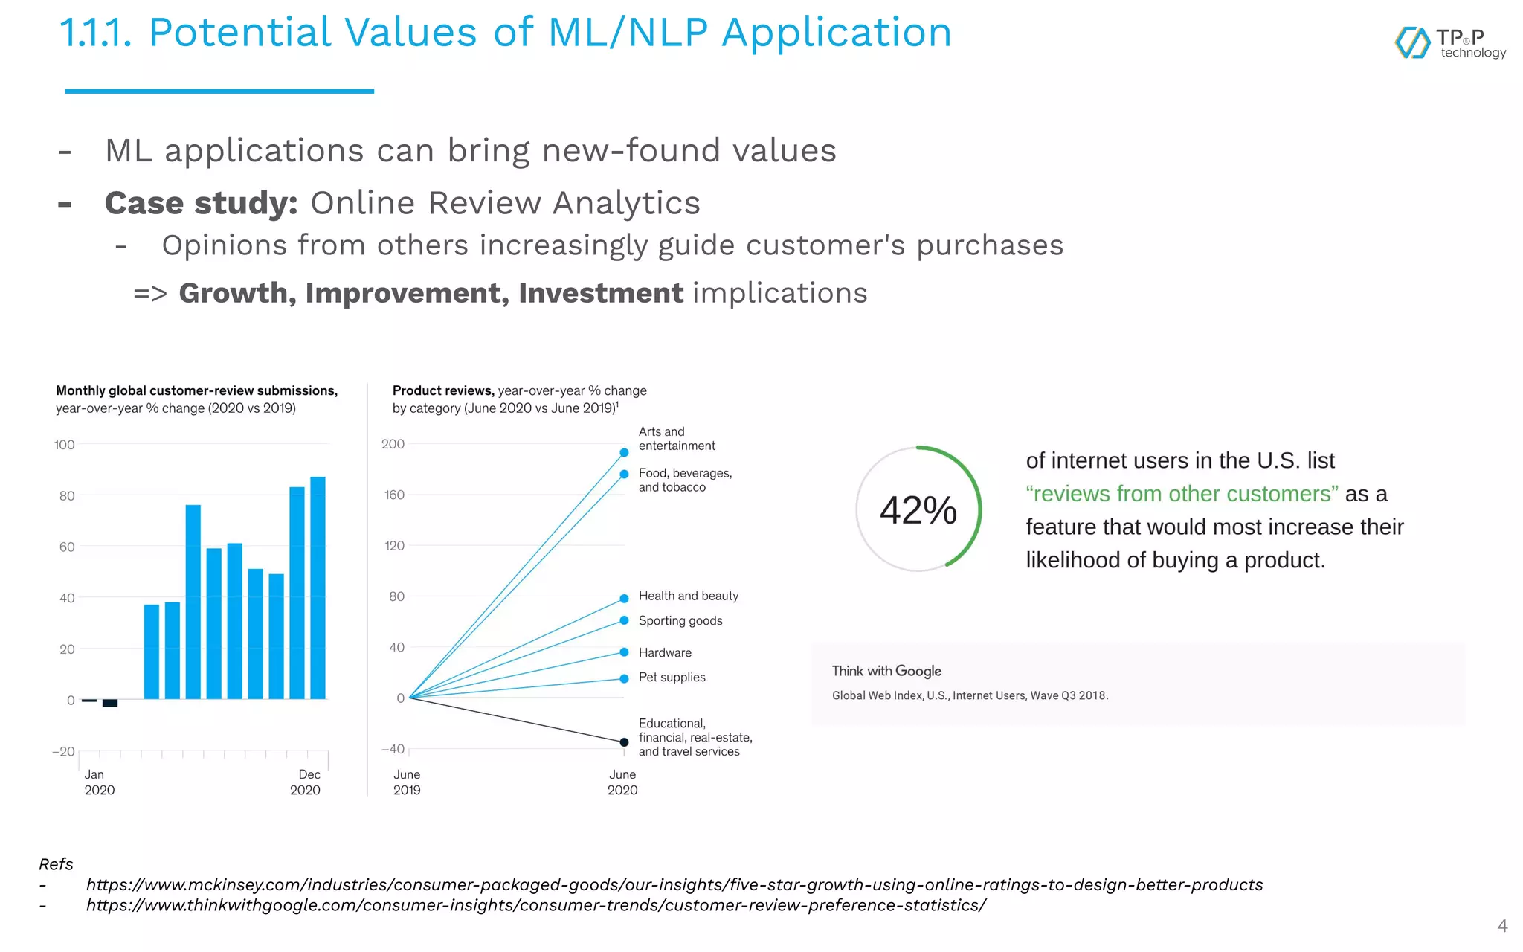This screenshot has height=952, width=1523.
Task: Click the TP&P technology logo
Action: click(1449, 43)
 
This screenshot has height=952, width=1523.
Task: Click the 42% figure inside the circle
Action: click(918, 510)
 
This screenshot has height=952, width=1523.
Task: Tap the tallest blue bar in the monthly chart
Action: click(318, 588)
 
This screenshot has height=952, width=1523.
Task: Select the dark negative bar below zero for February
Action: click(110, 703)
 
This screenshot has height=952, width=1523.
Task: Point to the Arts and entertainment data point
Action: click(624, 452)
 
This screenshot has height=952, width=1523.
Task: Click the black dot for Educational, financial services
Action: click(624, 742)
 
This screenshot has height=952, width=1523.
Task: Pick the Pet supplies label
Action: click(672, 677)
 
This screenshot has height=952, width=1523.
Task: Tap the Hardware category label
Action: click(665, 652)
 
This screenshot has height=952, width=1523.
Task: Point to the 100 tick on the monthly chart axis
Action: click(65, 445)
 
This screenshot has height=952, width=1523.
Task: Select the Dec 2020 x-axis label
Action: click(306, 782)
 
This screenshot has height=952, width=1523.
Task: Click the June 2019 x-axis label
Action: click(407, 782)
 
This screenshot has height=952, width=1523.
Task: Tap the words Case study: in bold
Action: click(201, 203)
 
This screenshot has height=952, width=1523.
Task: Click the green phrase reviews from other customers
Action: click(1182, 494)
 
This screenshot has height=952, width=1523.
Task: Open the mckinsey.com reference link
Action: click(674, 884)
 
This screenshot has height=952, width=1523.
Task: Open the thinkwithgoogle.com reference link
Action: click(535, 905)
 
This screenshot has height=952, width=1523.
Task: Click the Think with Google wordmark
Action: click(886, 671)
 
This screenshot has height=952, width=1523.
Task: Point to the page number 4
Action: click(1502, 926)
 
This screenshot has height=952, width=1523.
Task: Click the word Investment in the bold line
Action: click(600, 293)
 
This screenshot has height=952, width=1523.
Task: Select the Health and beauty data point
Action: click(624, 599)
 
